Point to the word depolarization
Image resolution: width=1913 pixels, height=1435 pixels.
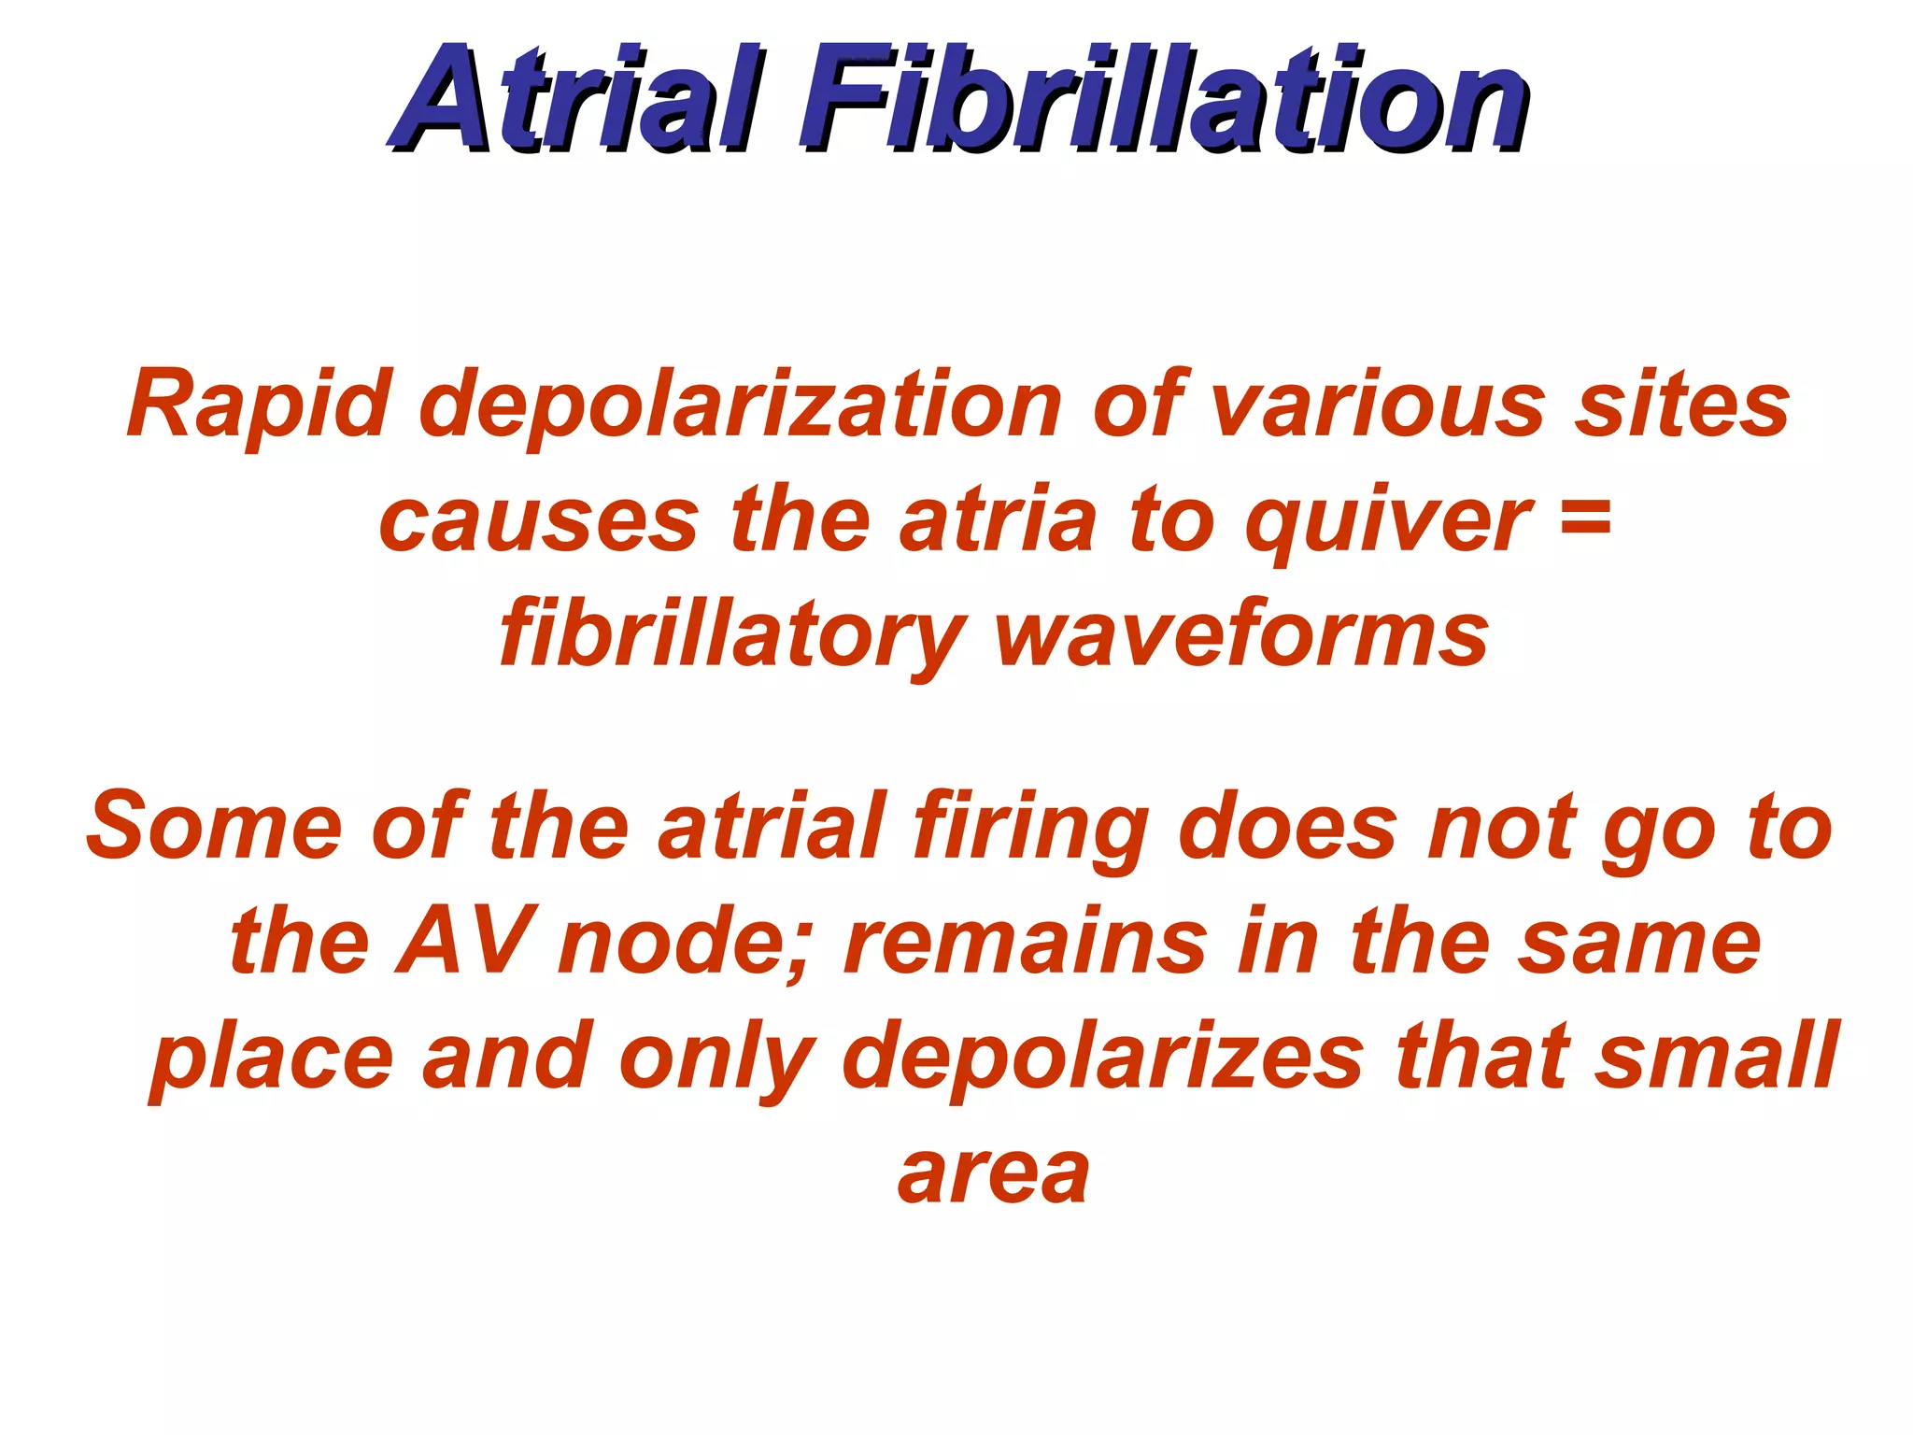coord(742,404)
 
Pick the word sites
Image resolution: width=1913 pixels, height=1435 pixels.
coord(1682,404)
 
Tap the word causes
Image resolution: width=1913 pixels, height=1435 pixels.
coord(540,520)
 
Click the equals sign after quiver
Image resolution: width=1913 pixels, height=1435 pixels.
coord(1585,517)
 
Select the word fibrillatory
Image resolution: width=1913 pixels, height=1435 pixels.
coord(733,636)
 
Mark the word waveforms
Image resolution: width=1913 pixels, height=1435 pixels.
coord(1241,636)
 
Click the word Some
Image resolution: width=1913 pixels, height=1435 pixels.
coord(215,826)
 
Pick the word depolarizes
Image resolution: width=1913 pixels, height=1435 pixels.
coord(1103,1059)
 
